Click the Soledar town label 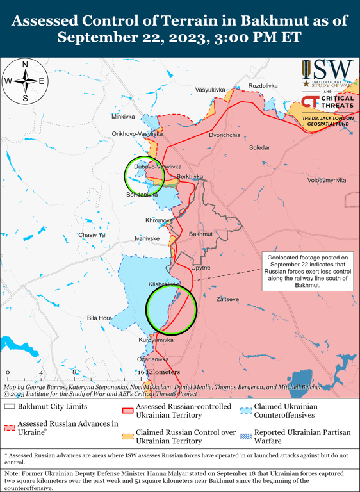(259, 148)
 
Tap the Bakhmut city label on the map (200, 234)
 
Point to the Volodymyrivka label (327, 181)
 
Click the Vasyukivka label (211, 90)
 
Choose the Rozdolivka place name (263, 86)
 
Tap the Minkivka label (123, 117)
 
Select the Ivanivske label (147, 238)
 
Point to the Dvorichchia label (225, 136)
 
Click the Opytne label (200, 268)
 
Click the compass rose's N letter (25, 65)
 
